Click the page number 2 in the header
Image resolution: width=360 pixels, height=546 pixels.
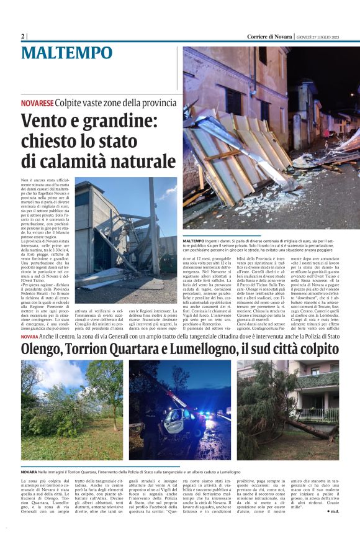click(22, 36)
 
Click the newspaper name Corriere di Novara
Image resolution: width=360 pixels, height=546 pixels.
click(269, 36)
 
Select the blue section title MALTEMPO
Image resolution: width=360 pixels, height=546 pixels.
click(67, 53)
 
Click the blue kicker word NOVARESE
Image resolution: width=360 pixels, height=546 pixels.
click(37, 102)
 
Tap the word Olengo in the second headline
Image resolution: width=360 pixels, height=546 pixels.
click(44, 349)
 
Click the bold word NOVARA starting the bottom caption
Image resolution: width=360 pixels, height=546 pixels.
click(29, 473)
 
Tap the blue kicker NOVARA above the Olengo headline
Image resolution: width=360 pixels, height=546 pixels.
click(29, 336)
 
